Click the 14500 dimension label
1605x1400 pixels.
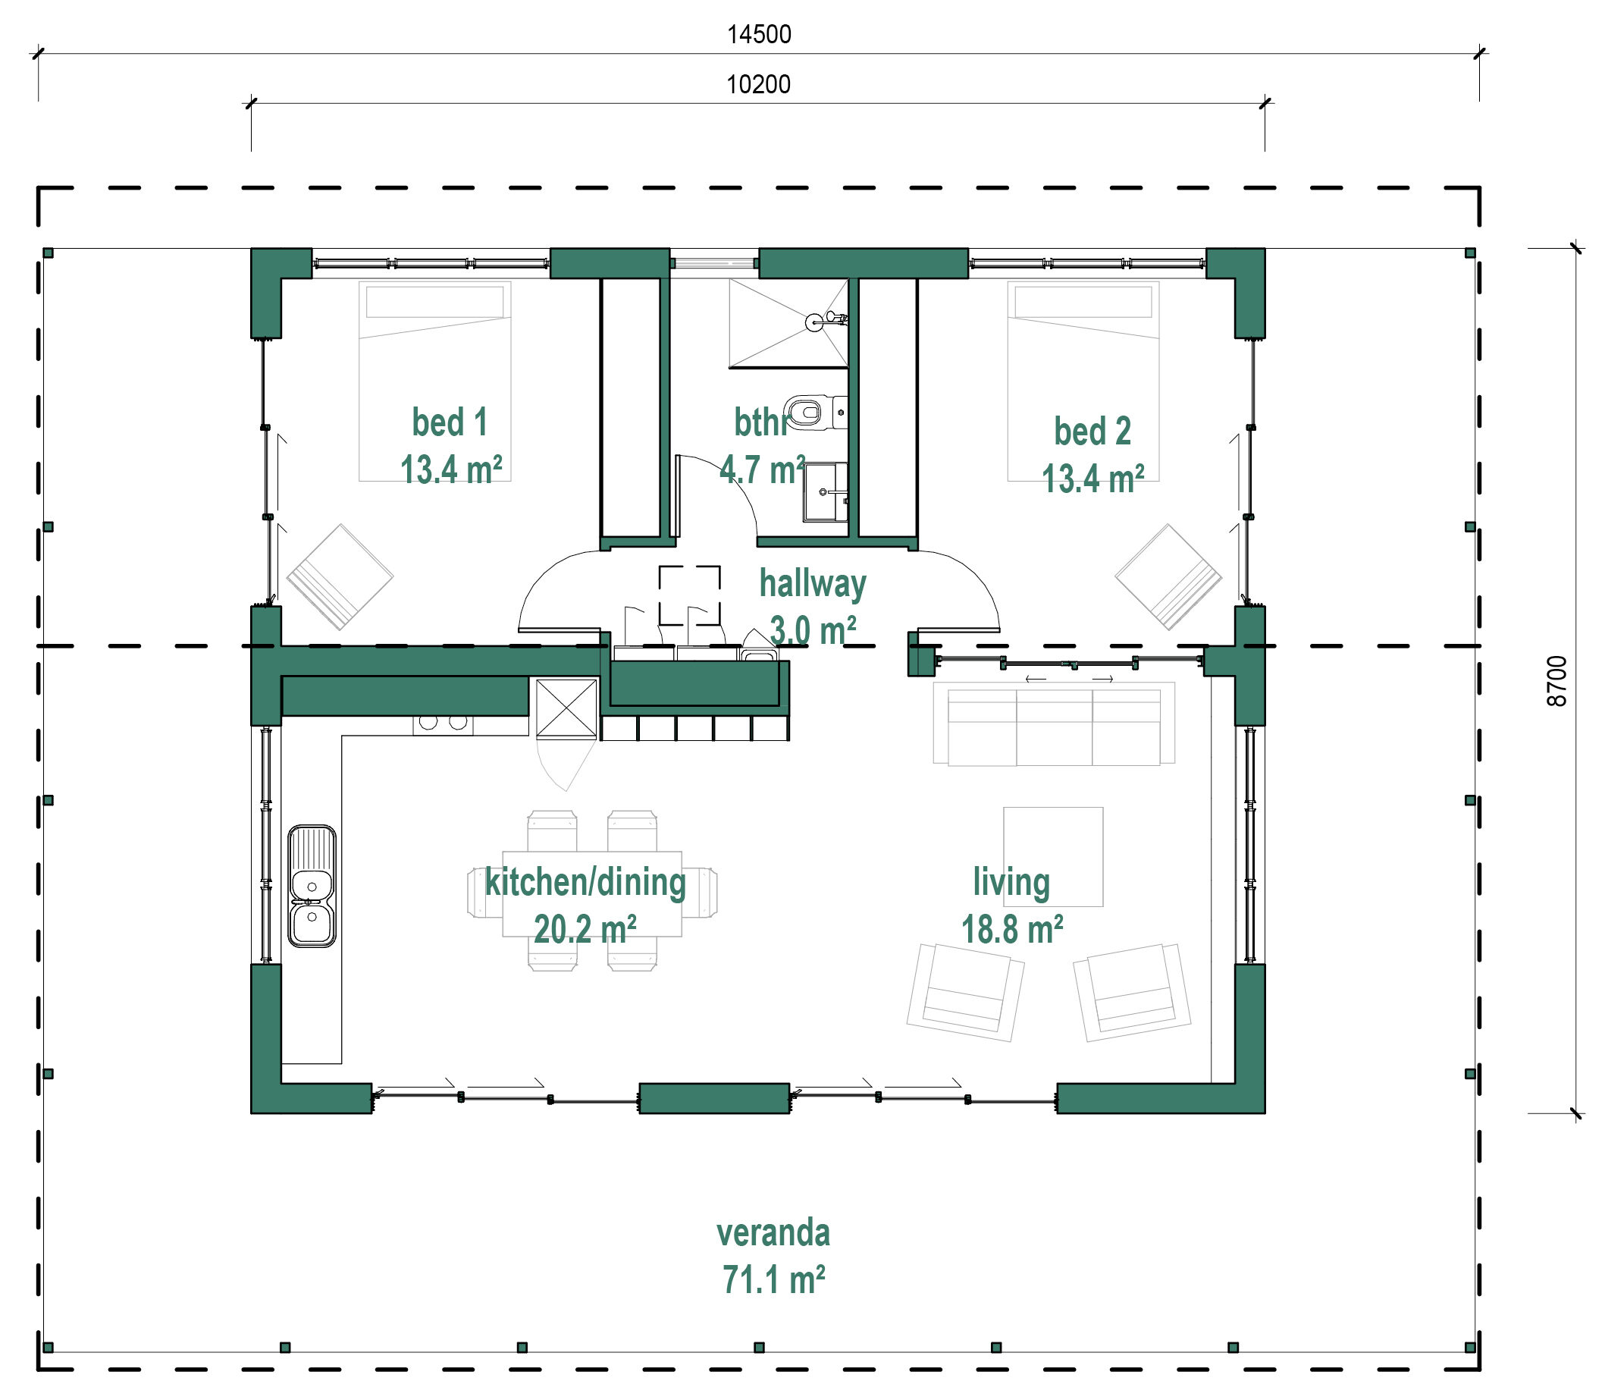click(x=759, y=34)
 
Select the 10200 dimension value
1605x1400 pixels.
click(x=758, y=84)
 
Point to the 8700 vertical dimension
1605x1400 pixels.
click(x=1556, y=681)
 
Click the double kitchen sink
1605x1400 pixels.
click(x=312, y=886)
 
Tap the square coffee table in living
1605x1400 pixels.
click(x=1053, y=856)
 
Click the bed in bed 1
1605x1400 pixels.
click(x=435, y=381)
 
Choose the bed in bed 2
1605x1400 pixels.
click(x=1083, y=381)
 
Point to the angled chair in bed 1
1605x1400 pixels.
click(x=340, y=576)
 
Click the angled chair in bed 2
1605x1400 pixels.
click(x=1168, y=576)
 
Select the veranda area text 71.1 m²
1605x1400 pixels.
click(x=773, y=1279)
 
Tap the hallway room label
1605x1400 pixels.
click(x=812, y=585)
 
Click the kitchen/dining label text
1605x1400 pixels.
click(x=585, y=883)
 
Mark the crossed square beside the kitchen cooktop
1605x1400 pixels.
click(x=566, y=708)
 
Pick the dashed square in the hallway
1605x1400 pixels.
click(x=690, y=595)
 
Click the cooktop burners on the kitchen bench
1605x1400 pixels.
click(x=443, y=723)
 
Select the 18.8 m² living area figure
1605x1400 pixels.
click(x=1011, y=930)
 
